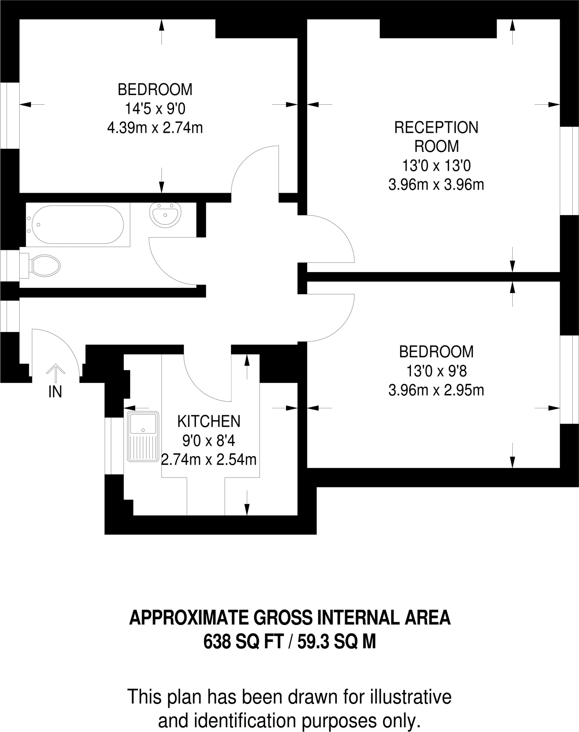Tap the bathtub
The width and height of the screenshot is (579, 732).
(78, 224)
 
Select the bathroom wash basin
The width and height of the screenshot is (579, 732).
(165, 215)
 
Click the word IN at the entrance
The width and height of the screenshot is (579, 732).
(55, 392)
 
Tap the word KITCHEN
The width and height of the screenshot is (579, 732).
(209, 421)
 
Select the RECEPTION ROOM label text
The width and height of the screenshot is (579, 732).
(436, 137)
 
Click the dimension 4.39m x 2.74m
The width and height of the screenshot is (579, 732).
(155, 128)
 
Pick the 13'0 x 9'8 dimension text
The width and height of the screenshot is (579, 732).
(436, 371)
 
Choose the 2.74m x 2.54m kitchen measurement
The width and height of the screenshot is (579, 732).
(209, 460)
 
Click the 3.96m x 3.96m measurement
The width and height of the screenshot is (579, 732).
(436, 185)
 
